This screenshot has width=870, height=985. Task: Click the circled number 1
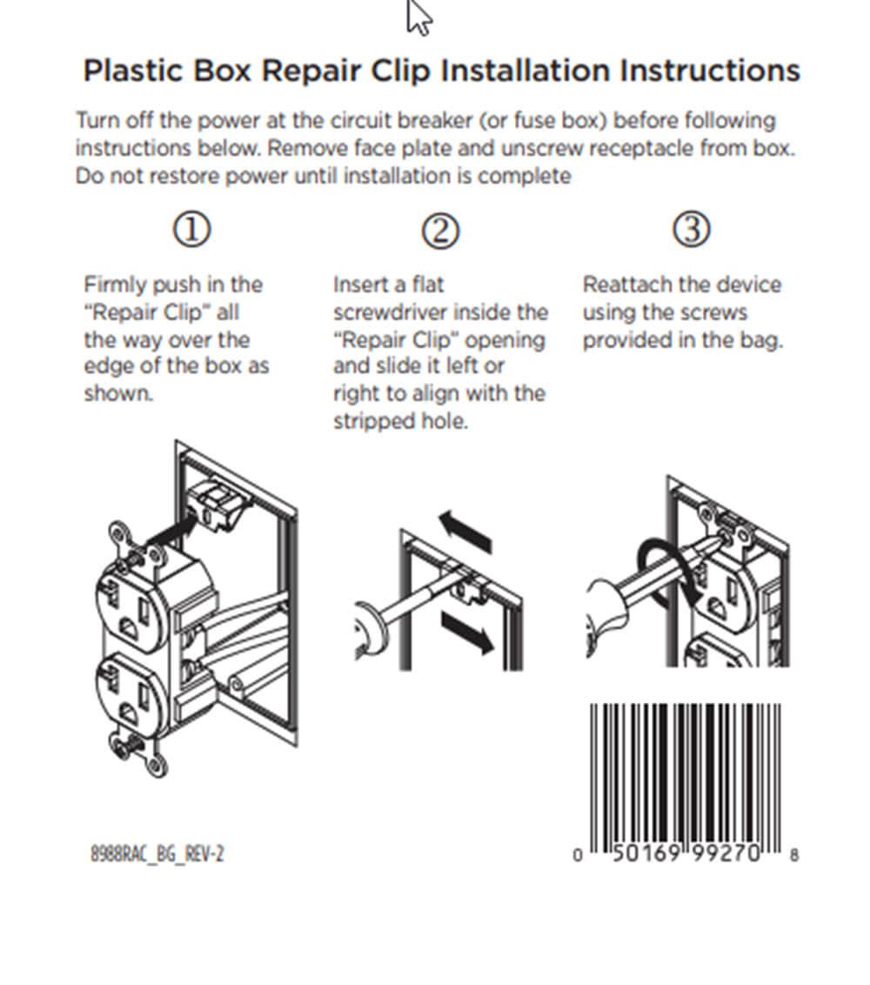pos(191,230)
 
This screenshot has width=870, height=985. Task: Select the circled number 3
pos(691,229)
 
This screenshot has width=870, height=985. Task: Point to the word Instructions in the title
pos(710,70)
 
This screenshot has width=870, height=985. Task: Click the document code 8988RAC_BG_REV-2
pos(157,854)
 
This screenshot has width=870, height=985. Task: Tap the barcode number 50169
pos(646,853)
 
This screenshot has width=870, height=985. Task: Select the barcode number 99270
pos(726,853)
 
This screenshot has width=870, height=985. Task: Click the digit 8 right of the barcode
pos(794,855)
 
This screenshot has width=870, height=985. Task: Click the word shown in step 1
pos(118,394)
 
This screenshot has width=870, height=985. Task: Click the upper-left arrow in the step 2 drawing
pos(465,532)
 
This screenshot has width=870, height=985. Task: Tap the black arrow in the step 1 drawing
pos(171,530)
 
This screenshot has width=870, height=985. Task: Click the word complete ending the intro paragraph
pos(524,176)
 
